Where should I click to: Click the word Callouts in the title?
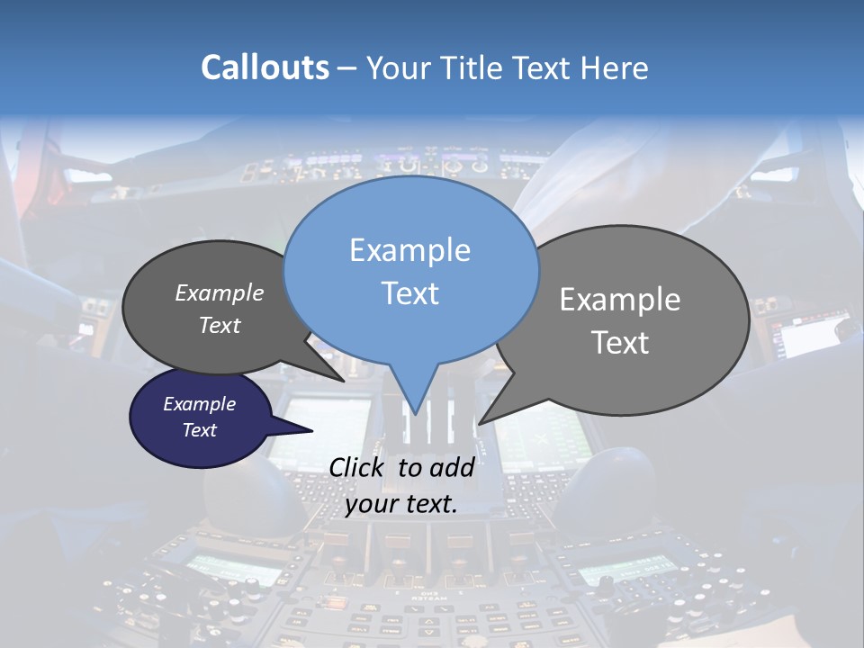pyautogui.click(x=265, y=67)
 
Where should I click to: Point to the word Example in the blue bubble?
pyautogui.click(x=409, y=250)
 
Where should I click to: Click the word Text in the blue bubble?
pyautogui.click(x=409, y=293)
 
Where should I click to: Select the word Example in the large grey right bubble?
pyautogui.click(x=620, y=300)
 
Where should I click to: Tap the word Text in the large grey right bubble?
pyautogui.click(x=620, y=343)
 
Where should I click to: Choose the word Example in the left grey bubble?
pyautogui.click(x=220, y=292)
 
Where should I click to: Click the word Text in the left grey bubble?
pyautogui.click(x=220, y=325)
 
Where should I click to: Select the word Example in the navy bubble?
pyautogui.click(x=199, y=404)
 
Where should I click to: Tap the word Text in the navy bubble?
pyautogui.click(x=199, y=430)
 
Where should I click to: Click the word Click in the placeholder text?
pyautogui.click(x=357, y=467)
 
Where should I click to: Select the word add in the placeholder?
pyautogui.click(x=452, y=467)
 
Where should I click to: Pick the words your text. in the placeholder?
pyautogui.click(x=400, y=504)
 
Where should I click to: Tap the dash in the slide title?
pyautogui.click(x=348, y=68)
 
